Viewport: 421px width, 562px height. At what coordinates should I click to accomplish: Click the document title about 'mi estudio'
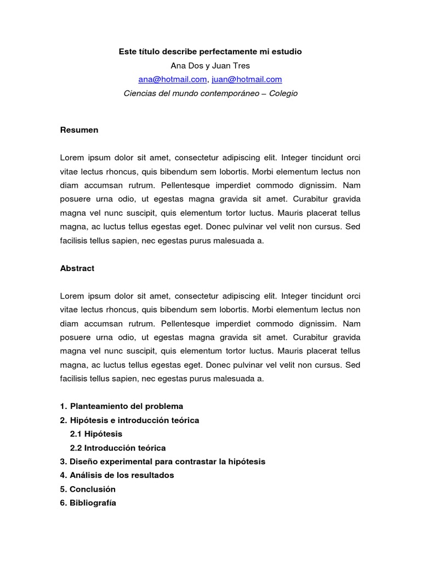210,52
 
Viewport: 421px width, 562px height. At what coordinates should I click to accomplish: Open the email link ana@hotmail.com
172,79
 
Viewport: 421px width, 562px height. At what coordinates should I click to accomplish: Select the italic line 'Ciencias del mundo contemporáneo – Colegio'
210,93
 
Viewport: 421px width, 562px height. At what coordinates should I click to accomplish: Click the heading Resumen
79,130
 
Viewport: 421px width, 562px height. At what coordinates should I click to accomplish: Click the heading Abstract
77,268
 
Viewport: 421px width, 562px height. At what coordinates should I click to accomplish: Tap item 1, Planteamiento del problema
122,406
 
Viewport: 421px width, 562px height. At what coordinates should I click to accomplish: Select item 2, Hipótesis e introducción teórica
129,420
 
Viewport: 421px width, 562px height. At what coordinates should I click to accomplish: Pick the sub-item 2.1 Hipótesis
96,434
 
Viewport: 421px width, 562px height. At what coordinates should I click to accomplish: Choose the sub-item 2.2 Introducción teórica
118,448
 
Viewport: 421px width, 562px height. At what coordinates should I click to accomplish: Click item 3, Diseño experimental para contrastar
163,462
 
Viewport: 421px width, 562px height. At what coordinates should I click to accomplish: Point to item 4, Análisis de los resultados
117,475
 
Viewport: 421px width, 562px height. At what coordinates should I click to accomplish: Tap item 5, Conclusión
88,489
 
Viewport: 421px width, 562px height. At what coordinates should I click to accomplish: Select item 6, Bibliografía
88,503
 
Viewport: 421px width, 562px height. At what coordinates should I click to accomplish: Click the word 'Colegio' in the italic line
283,93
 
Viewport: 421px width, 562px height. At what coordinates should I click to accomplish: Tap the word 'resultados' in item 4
154,475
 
